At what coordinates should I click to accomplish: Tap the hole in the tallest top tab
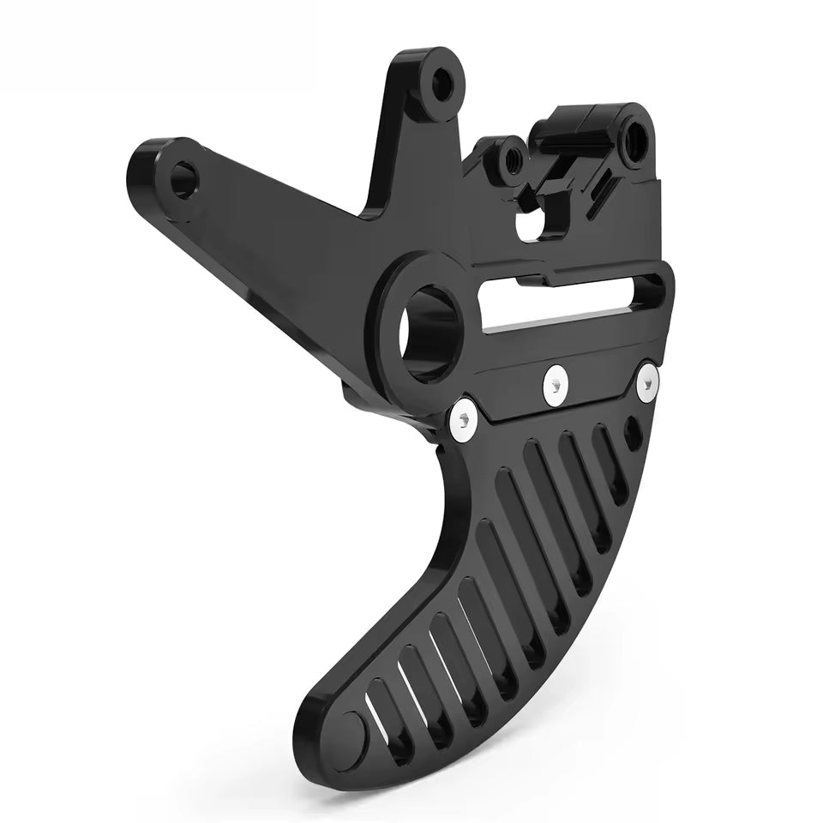pyautogui.click(x=443, y=83)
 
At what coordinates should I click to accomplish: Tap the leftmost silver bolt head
pyautogui.click(x=464, y=418)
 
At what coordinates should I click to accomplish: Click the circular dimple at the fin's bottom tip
pyautogui.click(x=352, y=731)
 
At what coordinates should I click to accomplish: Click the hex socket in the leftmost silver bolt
pyautogui.click(x=464, y=418)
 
